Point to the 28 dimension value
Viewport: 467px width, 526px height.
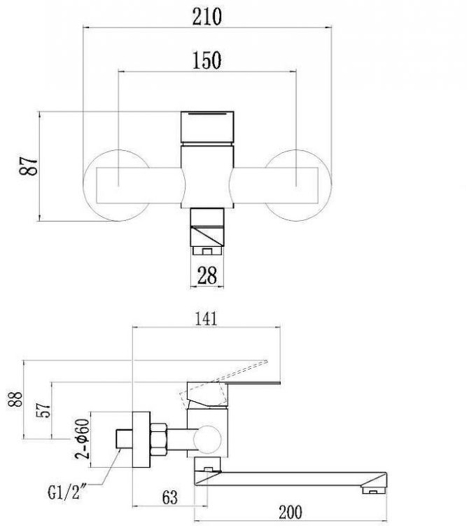pyautogui.click(x=207, y=276)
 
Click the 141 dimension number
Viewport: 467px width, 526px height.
pyautogui.click(x=207, y=318)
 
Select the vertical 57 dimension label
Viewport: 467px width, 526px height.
pyautogui.click(x=44, y=410)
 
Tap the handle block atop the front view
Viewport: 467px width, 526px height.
pyautogui.click(x=207, y=126)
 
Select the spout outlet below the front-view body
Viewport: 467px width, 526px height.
pyautogui.click(x=207, y=235)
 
